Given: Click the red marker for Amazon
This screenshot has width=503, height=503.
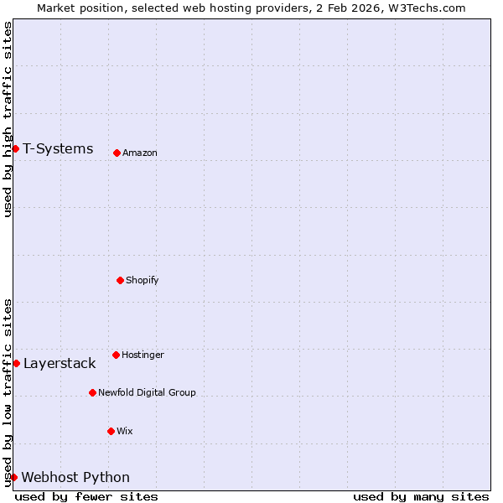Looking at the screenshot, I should pyautogui.click(x=117, y=153).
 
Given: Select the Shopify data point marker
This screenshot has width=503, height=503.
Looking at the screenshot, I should pyautogui.click(x=120, y=280).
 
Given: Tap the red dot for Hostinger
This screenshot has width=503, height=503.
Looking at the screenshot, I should pyautogui.click(x=116, y=355).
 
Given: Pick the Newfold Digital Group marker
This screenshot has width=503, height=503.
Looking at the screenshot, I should pyautogui.click(x=92, y=392).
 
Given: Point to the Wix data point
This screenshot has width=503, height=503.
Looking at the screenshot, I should pyautogui.click(x=111, y=431).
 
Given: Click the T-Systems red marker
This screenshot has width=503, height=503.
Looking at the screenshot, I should pyautogui.click(x=15, y=148).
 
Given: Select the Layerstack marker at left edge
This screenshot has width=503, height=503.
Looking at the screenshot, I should pyautogui.click(x=16, y=363).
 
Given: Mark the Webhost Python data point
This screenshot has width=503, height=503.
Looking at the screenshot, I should pyautogui.click(x=13, y=477).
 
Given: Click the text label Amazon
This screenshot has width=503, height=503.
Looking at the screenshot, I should pyautogui.click(x=140, y=153).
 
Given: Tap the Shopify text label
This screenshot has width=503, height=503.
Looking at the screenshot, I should pyautogui.click(x=143, y=280).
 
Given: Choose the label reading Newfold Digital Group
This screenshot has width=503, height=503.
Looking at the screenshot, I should pyautogui.click(x=147, y=392).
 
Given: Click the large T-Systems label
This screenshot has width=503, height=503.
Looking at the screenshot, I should pyautogui.click(x=58, y=148).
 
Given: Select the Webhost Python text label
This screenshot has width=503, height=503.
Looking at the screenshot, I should pyautogui.click(x=75, y=477).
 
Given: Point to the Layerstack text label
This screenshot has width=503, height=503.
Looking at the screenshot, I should pyautogui.click(x=60, y=363).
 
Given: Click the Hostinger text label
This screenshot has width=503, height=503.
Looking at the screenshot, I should pyautogui.click(x=143, y=355).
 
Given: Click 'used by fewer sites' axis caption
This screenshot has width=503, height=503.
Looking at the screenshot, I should pyautogui.click(x=86, y=496).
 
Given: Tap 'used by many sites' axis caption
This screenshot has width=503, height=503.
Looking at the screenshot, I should pyautogui.click(x=421, y=496).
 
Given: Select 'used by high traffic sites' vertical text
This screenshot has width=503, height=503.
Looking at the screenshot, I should pyautogui.click(x=8, y=119).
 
